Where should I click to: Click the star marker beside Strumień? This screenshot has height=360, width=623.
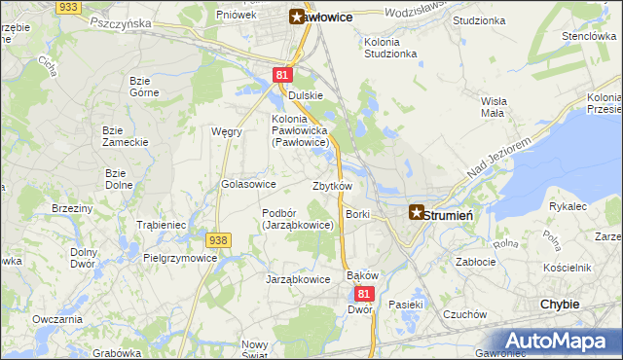point(416,211)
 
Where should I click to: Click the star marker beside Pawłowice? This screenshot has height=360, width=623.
point(297,16)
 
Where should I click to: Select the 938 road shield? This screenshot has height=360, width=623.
point(218,239)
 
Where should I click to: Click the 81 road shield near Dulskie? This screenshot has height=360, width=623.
point(282,74)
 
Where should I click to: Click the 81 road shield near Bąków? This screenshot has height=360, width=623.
point(364,293)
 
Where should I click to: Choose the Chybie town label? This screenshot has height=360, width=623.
point(560,305)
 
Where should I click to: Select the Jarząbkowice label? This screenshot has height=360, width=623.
point(299,279)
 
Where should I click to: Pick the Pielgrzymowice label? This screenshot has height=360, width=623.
point(180,259)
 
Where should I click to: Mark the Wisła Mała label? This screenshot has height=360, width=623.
point(493,106)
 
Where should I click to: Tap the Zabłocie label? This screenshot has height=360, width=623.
point(477,262)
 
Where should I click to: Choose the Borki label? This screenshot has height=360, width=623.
point(358,213)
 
